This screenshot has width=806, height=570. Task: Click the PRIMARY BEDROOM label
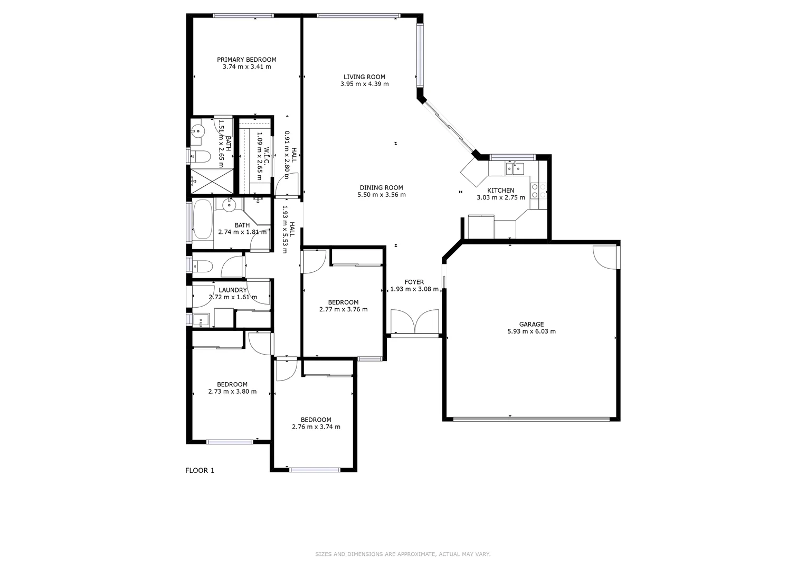coord(246,60)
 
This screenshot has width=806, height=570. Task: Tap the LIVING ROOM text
coord(364,77)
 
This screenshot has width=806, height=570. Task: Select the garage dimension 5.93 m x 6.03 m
coord(531,332)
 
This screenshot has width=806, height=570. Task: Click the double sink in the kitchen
coord(514,168)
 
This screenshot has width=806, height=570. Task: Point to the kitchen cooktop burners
coord(538,191)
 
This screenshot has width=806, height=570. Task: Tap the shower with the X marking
coord(212,180)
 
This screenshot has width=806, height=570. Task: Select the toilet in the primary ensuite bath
coord(200,156)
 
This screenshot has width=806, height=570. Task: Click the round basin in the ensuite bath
coord(198,131)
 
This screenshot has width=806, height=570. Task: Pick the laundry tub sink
coord(201,320)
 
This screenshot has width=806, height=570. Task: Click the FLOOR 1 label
coord(200,471)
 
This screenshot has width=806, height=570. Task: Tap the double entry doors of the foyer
coord(414,322)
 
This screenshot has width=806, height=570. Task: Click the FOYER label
coord(414,282)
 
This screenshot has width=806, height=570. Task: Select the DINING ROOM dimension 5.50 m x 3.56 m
coord(381,195)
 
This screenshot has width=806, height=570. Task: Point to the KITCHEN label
coord(500,191)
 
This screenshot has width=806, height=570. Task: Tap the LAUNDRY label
coord(232,290)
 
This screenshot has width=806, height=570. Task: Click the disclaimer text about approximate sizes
coord(403,554)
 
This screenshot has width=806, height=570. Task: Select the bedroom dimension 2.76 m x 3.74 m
coord(316,427)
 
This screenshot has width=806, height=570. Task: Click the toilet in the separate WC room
coord(202,265)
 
